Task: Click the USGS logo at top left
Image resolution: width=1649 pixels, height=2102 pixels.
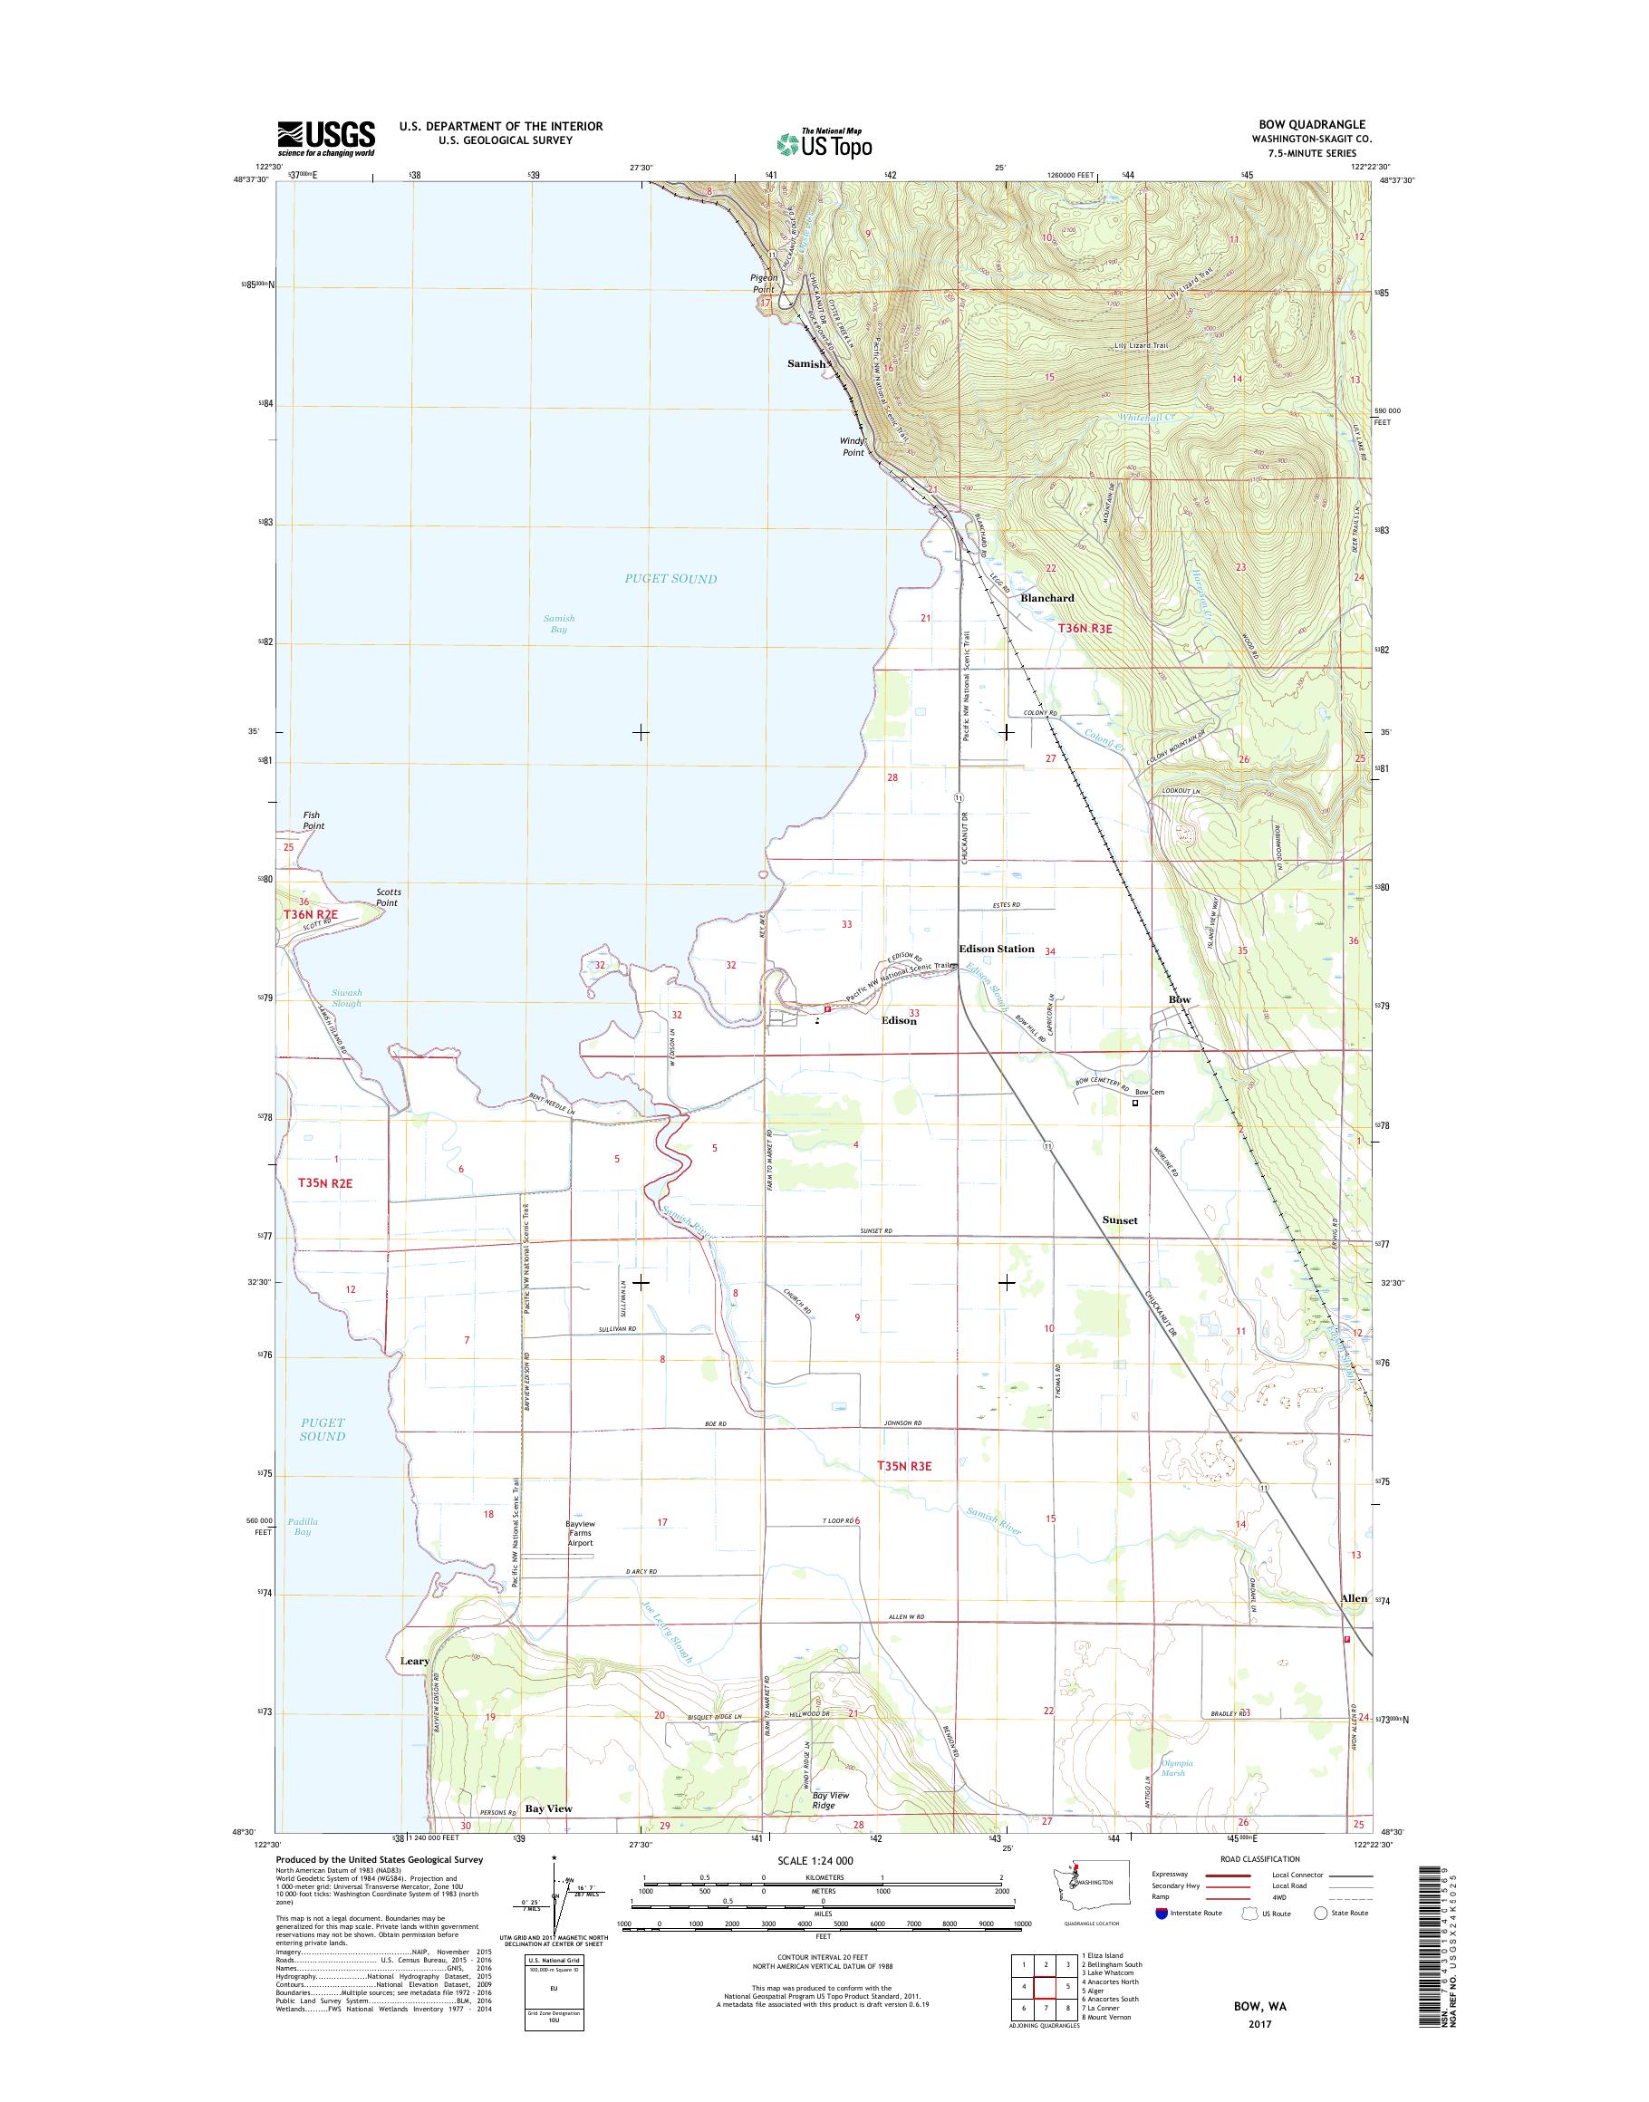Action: [x=326, y=138]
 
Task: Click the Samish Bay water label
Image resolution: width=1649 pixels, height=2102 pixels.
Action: [x=559, y=623]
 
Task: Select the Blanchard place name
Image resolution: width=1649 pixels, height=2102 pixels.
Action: [x=1046, y=598]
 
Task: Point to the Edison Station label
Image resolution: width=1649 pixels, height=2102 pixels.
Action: [x=997, y=949]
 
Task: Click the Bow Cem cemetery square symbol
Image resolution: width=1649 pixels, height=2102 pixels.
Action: [x=1135, y=1102]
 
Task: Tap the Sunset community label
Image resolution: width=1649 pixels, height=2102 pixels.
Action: [x=1120, y=1220]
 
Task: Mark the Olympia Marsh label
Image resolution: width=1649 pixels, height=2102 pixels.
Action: [x=1178, y=1768]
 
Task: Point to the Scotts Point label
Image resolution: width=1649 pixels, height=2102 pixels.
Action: [x=389, y=897]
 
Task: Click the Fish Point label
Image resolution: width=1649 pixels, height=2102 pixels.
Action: [x=312, y=821]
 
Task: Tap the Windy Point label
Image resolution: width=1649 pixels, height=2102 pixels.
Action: [x=853, y=446]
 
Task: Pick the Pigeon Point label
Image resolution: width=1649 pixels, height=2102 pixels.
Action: [x=764, y=283]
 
